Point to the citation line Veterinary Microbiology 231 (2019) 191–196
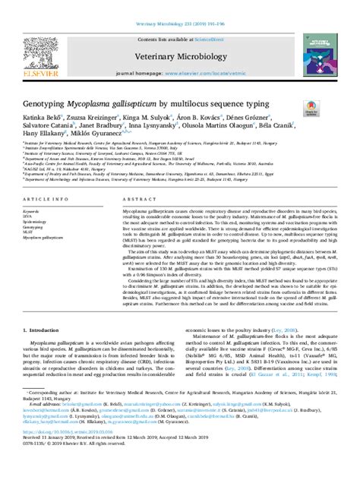(180, 6)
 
